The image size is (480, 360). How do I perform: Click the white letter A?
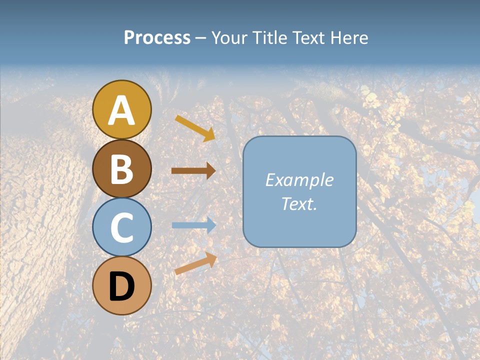click(121, 111)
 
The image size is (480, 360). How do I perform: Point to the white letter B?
click(121, 169)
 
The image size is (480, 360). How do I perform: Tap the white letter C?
click(121, 227)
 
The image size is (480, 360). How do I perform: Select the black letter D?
click(121, 286)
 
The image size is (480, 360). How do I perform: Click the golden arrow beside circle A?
click(195, 128)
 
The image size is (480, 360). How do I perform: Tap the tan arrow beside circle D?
click(195, 263)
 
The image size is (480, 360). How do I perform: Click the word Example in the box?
click(299, 180)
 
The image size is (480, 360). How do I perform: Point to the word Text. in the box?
click(299, 204)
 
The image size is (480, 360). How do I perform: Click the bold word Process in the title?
click(157, 38)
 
